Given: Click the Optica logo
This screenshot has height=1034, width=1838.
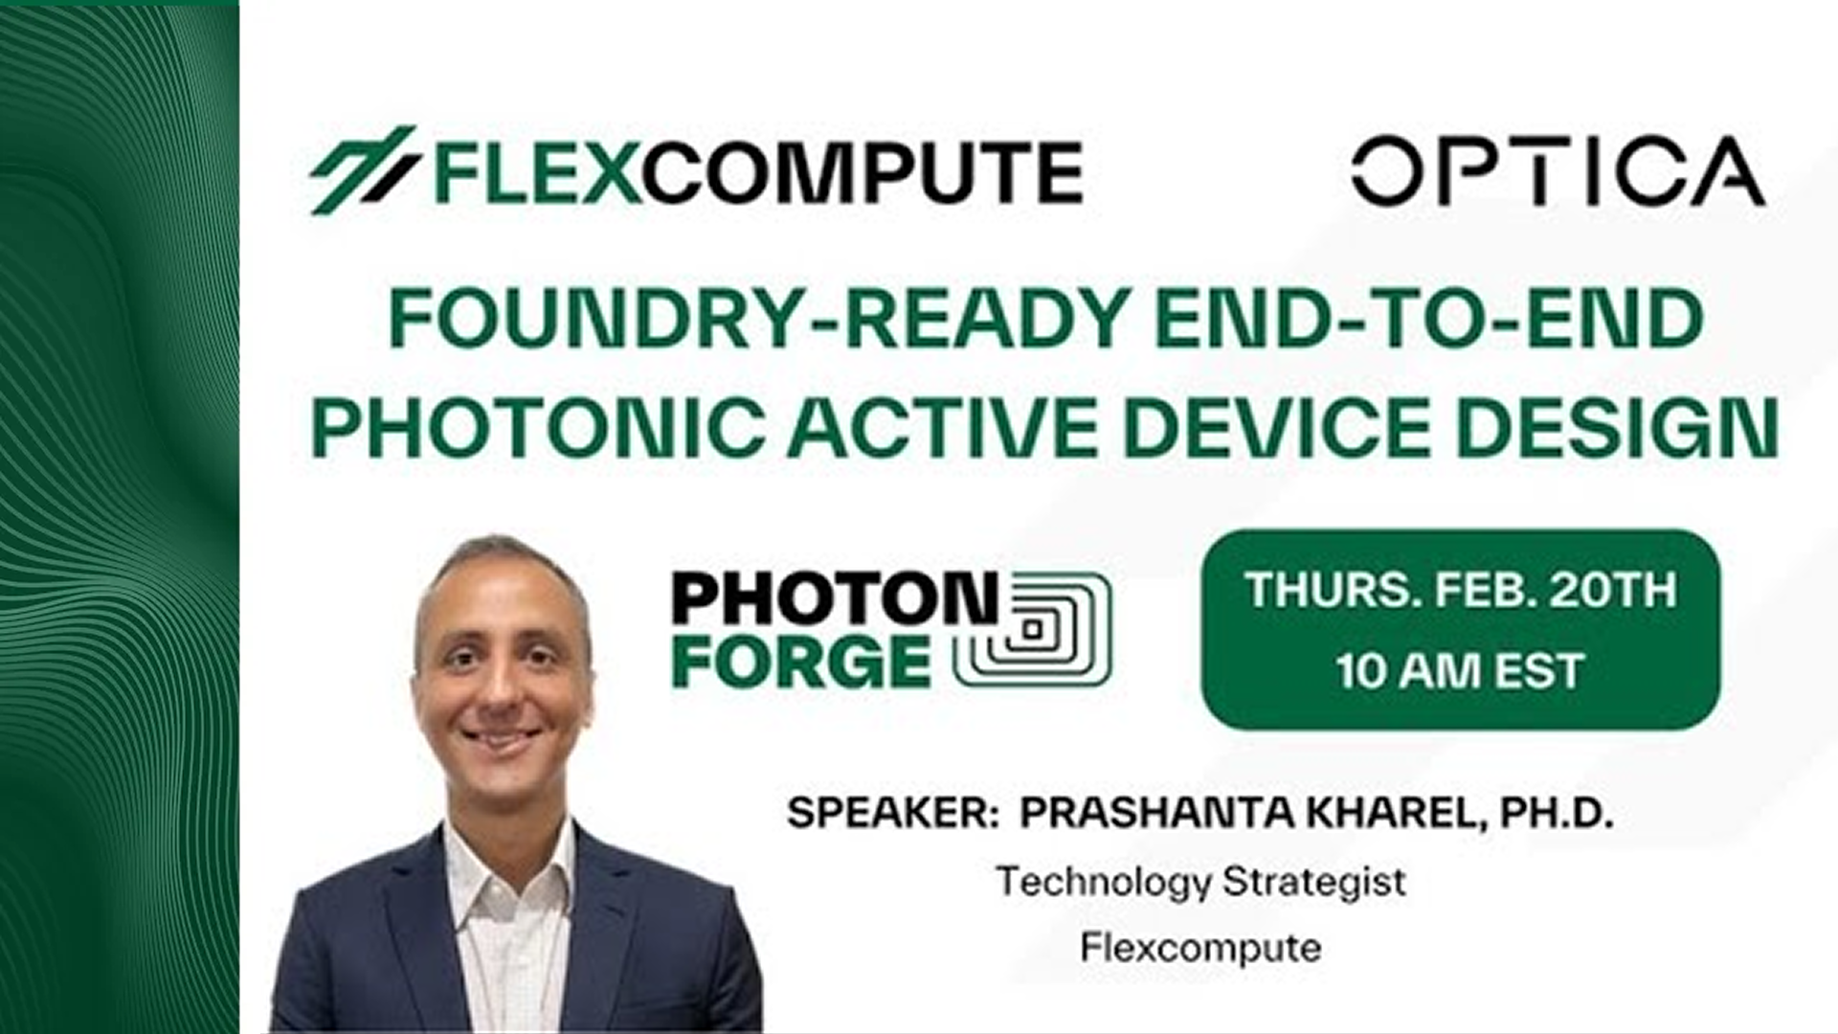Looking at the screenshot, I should point(1558,171).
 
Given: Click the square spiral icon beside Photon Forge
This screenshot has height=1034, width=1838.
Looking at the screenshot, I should point(1033,629).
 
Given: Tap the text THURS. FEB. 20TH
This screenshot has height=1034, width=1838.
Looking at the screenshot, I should point(1461,590).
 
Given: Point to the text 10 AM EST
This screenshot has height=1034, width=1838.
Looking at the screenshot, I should point(1461,671).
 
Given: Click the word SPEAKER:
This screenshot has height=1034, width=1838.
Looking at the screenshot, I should point(886,814).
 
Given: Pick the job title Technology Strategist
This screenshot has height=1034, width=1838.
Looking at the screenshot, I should point(1201,881).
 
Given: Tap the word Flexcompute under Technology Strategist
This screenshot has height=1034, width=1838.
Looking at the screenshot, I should point(1201,948).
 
